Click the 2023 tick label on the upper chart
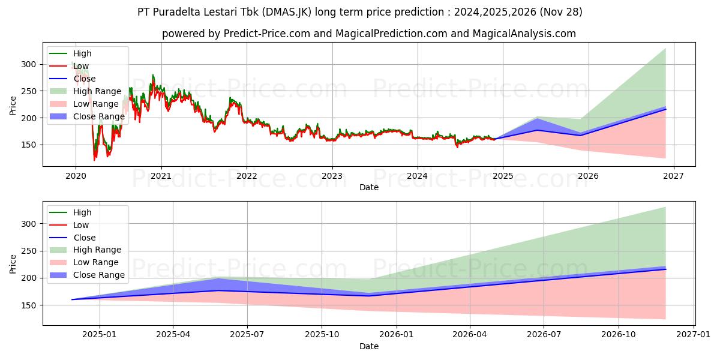pyautogui.click(x=332, y=176)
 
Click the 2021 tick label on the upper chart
pyautogui.click(x=161, y=176)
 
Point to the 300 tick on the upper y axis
pyautogui.click(x=29, y=64)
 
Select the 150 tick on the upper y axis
pyautogui.click(x=29, y=145)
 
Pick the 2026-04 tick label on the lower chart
pyautogui.click(x=470, y=335)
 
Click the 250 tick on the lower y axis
pyautogui.click(x=29, y=251)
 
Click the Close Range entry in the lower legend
pyautogui.click(x=99, y=275)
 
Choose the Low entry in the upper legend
pyautogui.click(x=82, y=66)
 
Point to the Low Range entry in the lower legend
pyautogui.click(x=96, y=262)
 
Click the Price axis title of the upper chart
pyautogui.click(x=13, y=105)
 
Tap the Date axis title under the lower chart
pyautogui.click(x=368, y=346)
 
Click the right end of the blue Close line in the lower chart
pyautogui.click(x=665, y=269)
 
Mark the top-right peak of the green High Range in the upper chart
pyautogui.click(x=665, y=49)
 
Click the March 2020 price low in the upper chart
pyautogui.click(x=94, y=160)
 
